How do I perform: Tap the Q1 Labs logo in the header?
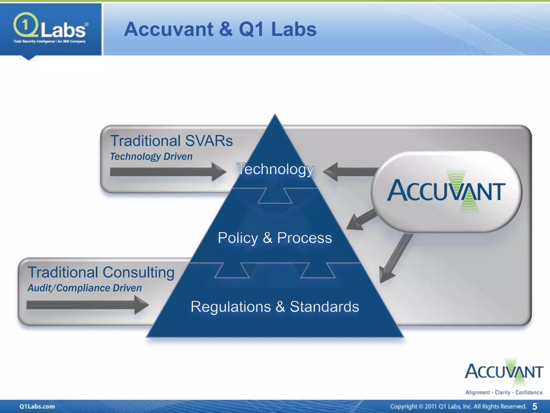(50, 29)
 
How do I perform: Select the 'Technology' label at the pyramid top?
(275, 169)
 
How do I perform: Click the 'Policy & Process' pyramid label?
(275, 238)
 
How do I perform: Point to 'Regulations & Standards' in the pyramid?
(275, 307)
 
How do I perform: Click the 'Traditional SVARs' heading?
(171, 141)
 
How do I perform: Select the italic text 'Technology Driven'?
(151, 156)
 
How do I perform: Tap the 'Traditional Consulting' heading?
(101, 272)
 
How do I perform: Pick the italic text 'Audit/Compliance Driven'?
(85, 288)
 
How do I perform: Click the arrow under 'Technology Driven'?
(168, 172)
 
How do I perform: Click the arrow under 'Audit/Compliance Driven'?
(87, 305)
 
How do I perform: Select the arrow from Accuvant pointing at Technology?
(349, 172)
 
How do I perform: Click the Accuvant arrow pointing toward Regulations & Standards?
(395, 258)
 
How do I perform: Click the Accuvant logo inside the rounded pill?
(446, 191)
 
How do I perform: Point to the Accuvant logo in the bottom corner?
(504, 372)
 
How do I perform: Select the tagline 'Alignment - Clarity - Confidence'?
(504, 393)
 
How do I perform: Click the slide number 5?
(534, 406)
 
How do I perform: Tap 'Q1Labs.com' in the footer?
(37, 406)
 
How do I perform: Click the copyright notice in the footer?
(458, 406)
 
